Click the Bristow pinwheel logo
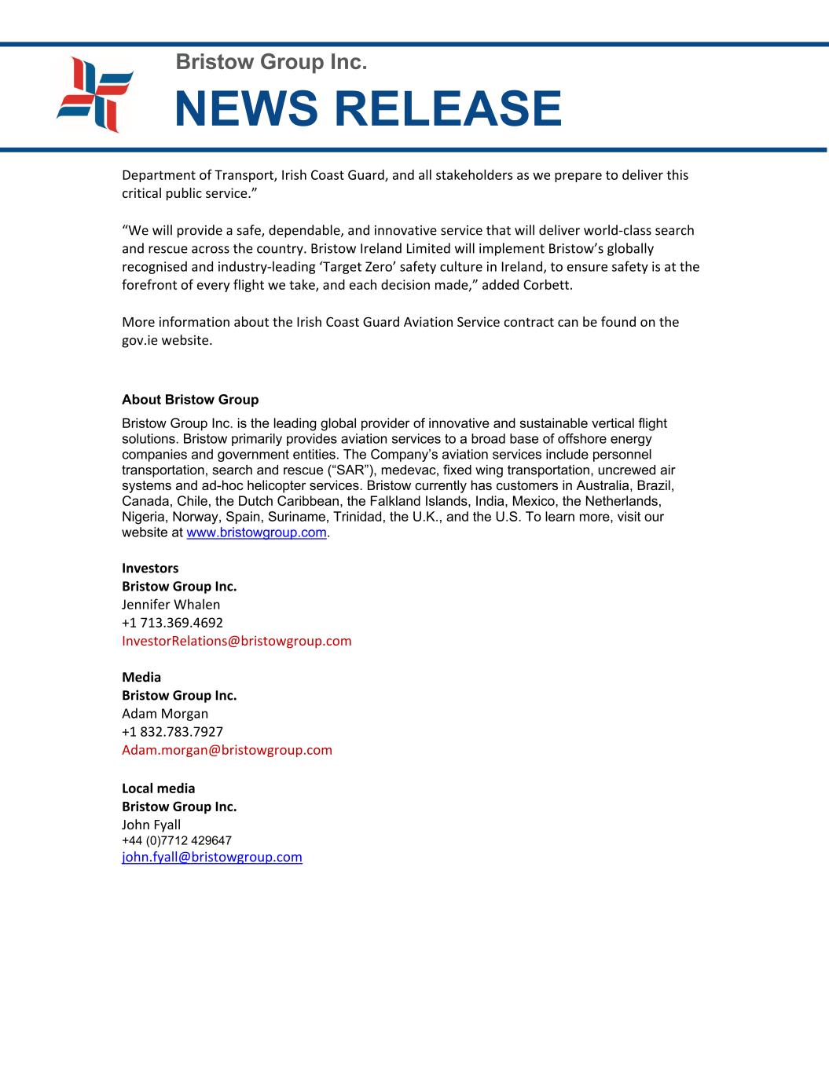coord(95,94)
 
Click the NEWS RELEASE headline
coord(368,108)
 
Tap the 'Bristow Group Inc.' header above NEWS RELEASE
coord(271,61)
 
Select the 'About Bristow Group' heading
coord(190,400)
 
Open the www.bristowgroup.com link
coord(256,532)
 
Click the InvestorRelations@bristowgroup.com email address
coord(237,641)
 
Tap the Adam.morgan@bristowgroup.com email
coord(227,750)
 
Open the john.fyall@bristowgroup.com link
coord(212,858)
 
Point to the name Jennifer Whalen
coord(171,605)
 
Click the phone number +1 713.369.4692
coord(173,623)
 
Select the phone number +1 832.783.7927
coord(173,732)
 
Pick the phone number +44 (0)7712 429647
coord(177,841)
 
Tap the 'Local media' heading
coord(159,788)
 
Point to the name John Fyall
coord(152,825)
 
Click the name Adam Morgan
coord(165,714)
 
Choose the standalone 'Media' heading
coord(141,677)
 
